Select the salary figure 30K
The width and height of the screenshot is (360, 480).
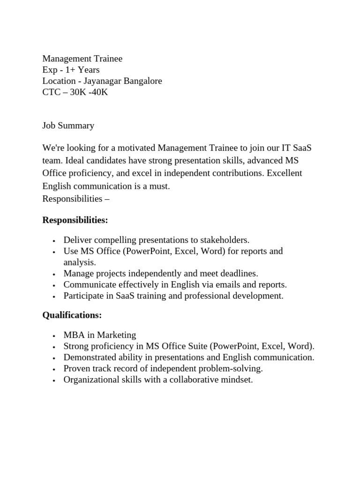pyautogui.click(x=79, y=92)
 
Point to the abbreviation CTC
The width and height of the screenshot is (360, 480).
pyautogui.click(x=52, y=92)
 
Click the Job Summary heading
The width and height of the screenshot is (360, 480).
pyautogui.click(x=68, y=125)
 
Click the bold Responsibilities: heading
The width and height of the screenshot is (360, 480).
pyautogui.click(x=75, y=220)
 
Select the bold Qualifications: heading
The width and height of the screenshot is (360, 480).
pyautogui.click(x=72, y=315)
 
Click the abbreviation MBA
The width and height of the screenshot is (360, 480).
pyautogui.click(x=73, y=335)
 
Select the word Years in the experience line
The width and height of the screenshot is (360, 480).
pyautogui.click(x=89, y=70)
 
